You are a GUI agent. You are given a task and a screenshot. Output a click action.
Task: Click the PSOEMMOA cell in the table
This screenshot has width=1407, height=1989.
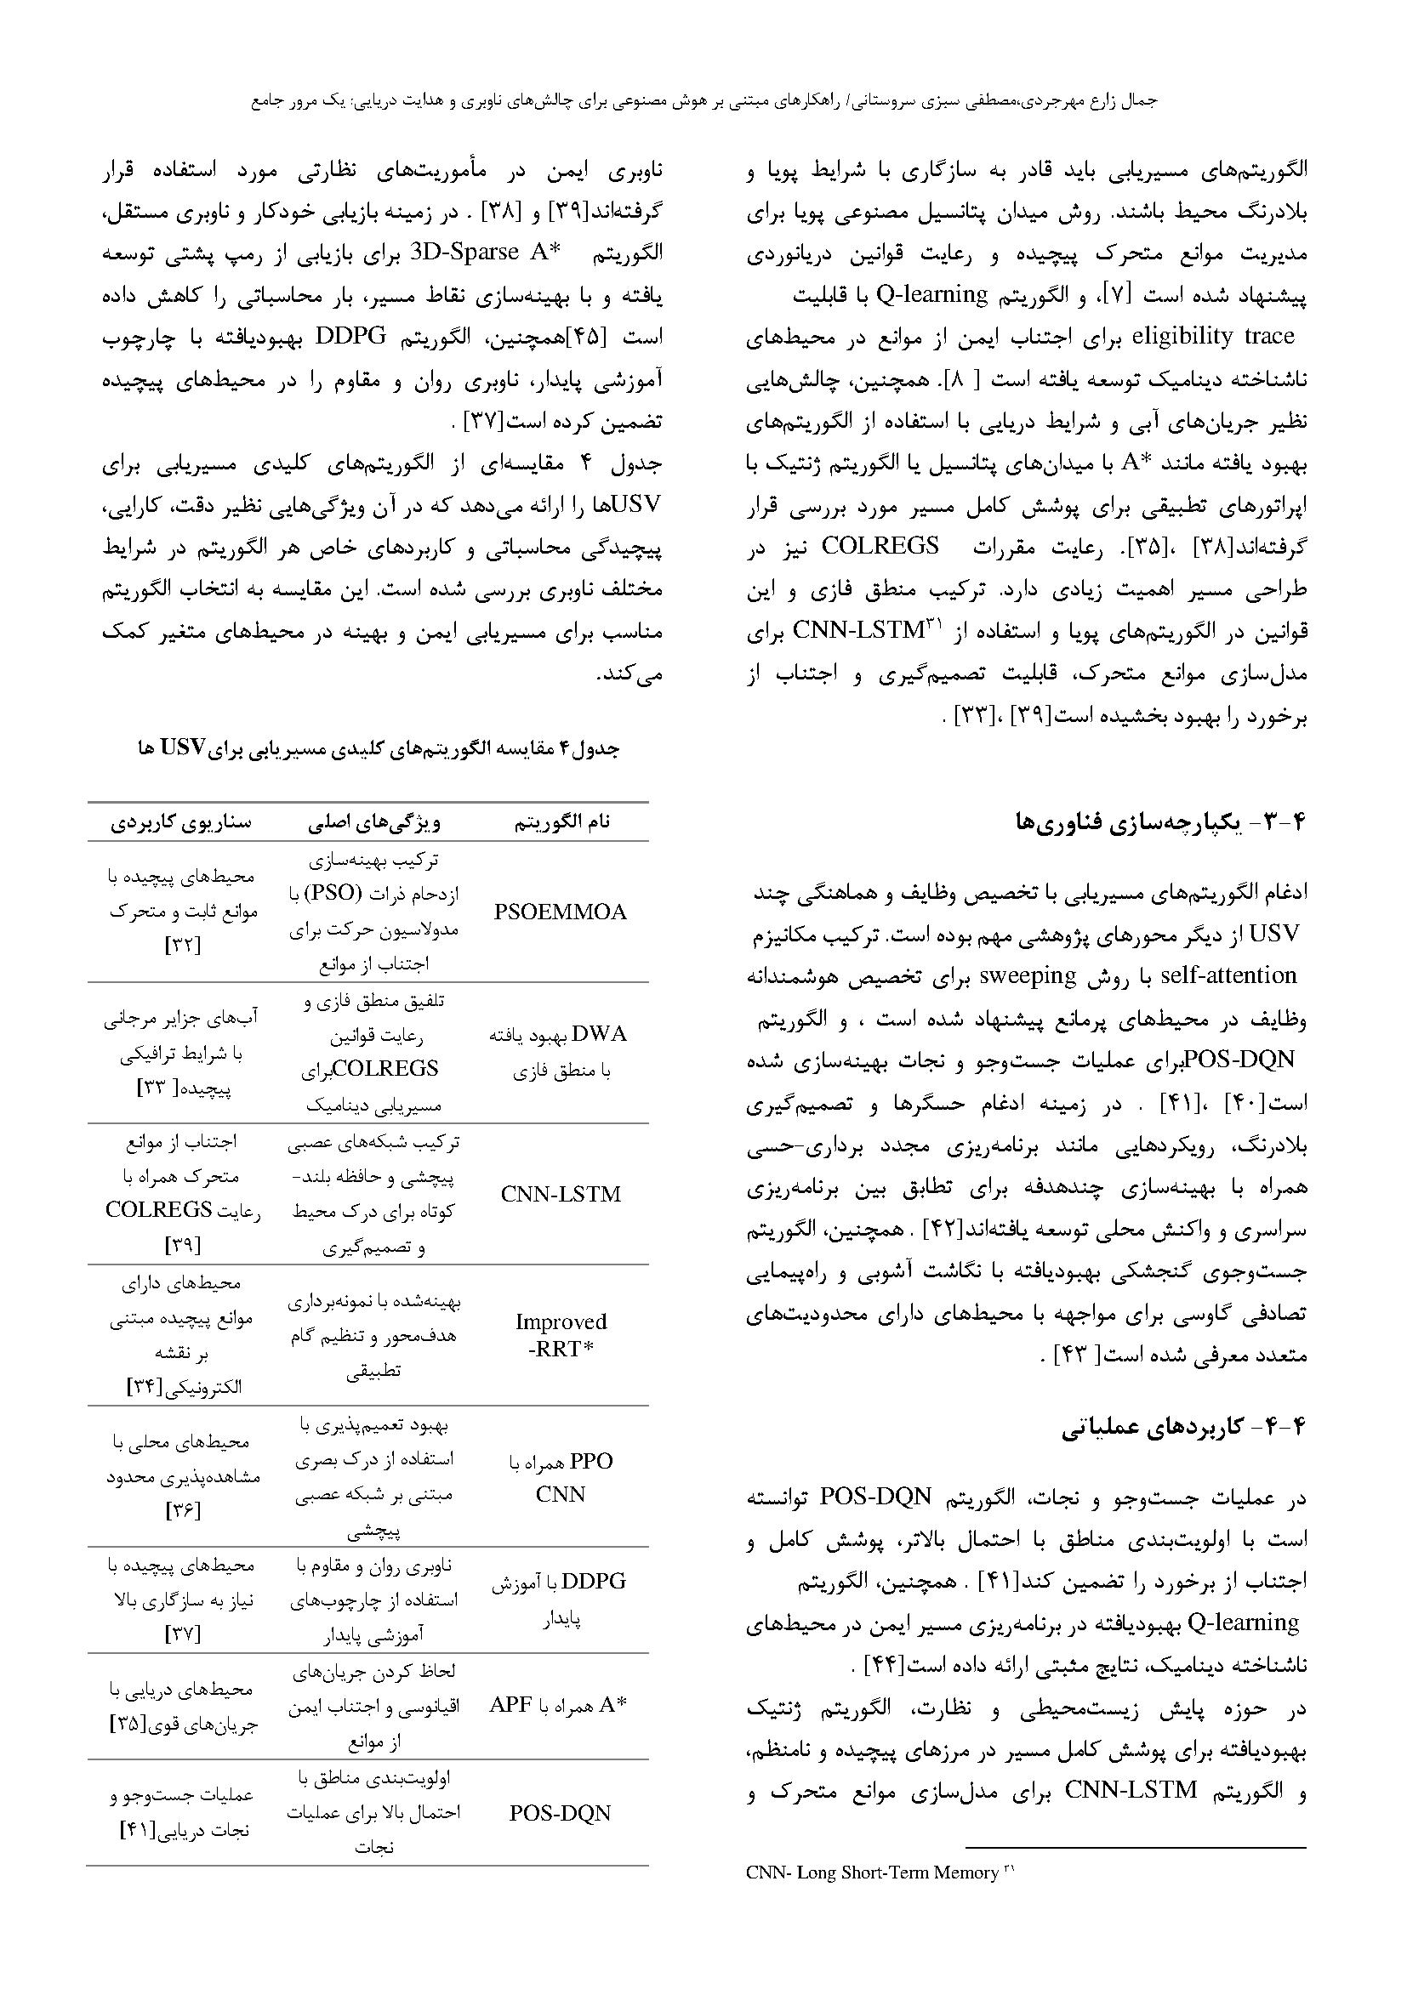click(560, 912)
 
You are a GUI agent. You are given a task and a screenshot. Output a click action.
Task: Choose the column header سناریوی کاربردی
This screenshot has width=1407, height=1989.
click(180, 822)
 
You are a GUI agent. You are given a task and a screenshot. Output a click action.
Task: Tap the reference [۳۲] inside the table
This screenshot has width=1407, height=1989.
click(183, 946)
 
